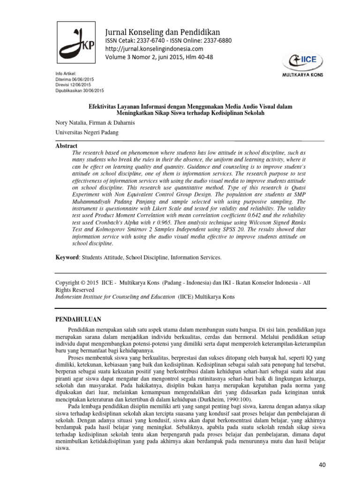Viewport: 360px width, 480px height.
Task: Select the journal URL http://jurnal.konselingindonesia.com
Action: tap(154, 49)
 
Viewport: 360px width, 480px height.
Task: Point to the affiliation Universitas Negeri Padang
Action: tap(87, 133)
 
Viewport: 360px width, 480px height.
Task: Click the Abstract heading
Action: tap(66, 146)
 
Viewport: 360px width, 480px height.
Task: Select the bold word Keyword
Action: tap(67, 257)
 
